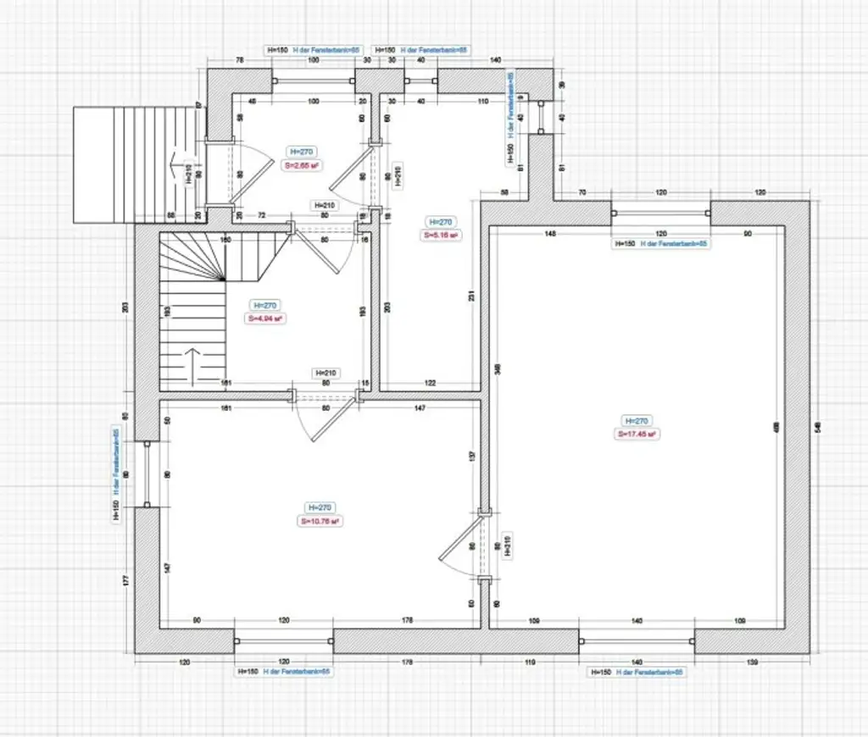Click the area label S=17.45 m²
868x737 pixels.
tap(637, 434)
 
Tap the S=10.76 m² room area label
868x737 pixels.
tap(319, 522)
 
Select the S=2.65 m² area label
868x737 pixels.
tap(301, 166)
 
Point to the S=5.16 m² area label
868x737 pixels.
tap(441, 235)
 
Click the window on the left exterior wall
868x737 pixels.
tap(147, 474)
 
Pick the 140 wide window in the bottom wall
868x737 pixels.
tap(637, 641)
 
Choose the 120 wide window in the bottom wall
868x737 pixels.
tap(283, 641)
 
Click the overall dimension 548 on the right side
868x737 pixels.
tap(817, 428)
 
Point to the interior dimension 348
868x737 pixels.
tap(496, 368)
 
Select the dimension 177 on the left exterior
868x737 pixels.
tap(125, 579)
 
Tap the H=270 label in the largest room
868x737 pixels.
tap(637, 420)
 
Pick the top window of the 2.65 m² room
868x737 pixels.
tap(314, 81)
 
